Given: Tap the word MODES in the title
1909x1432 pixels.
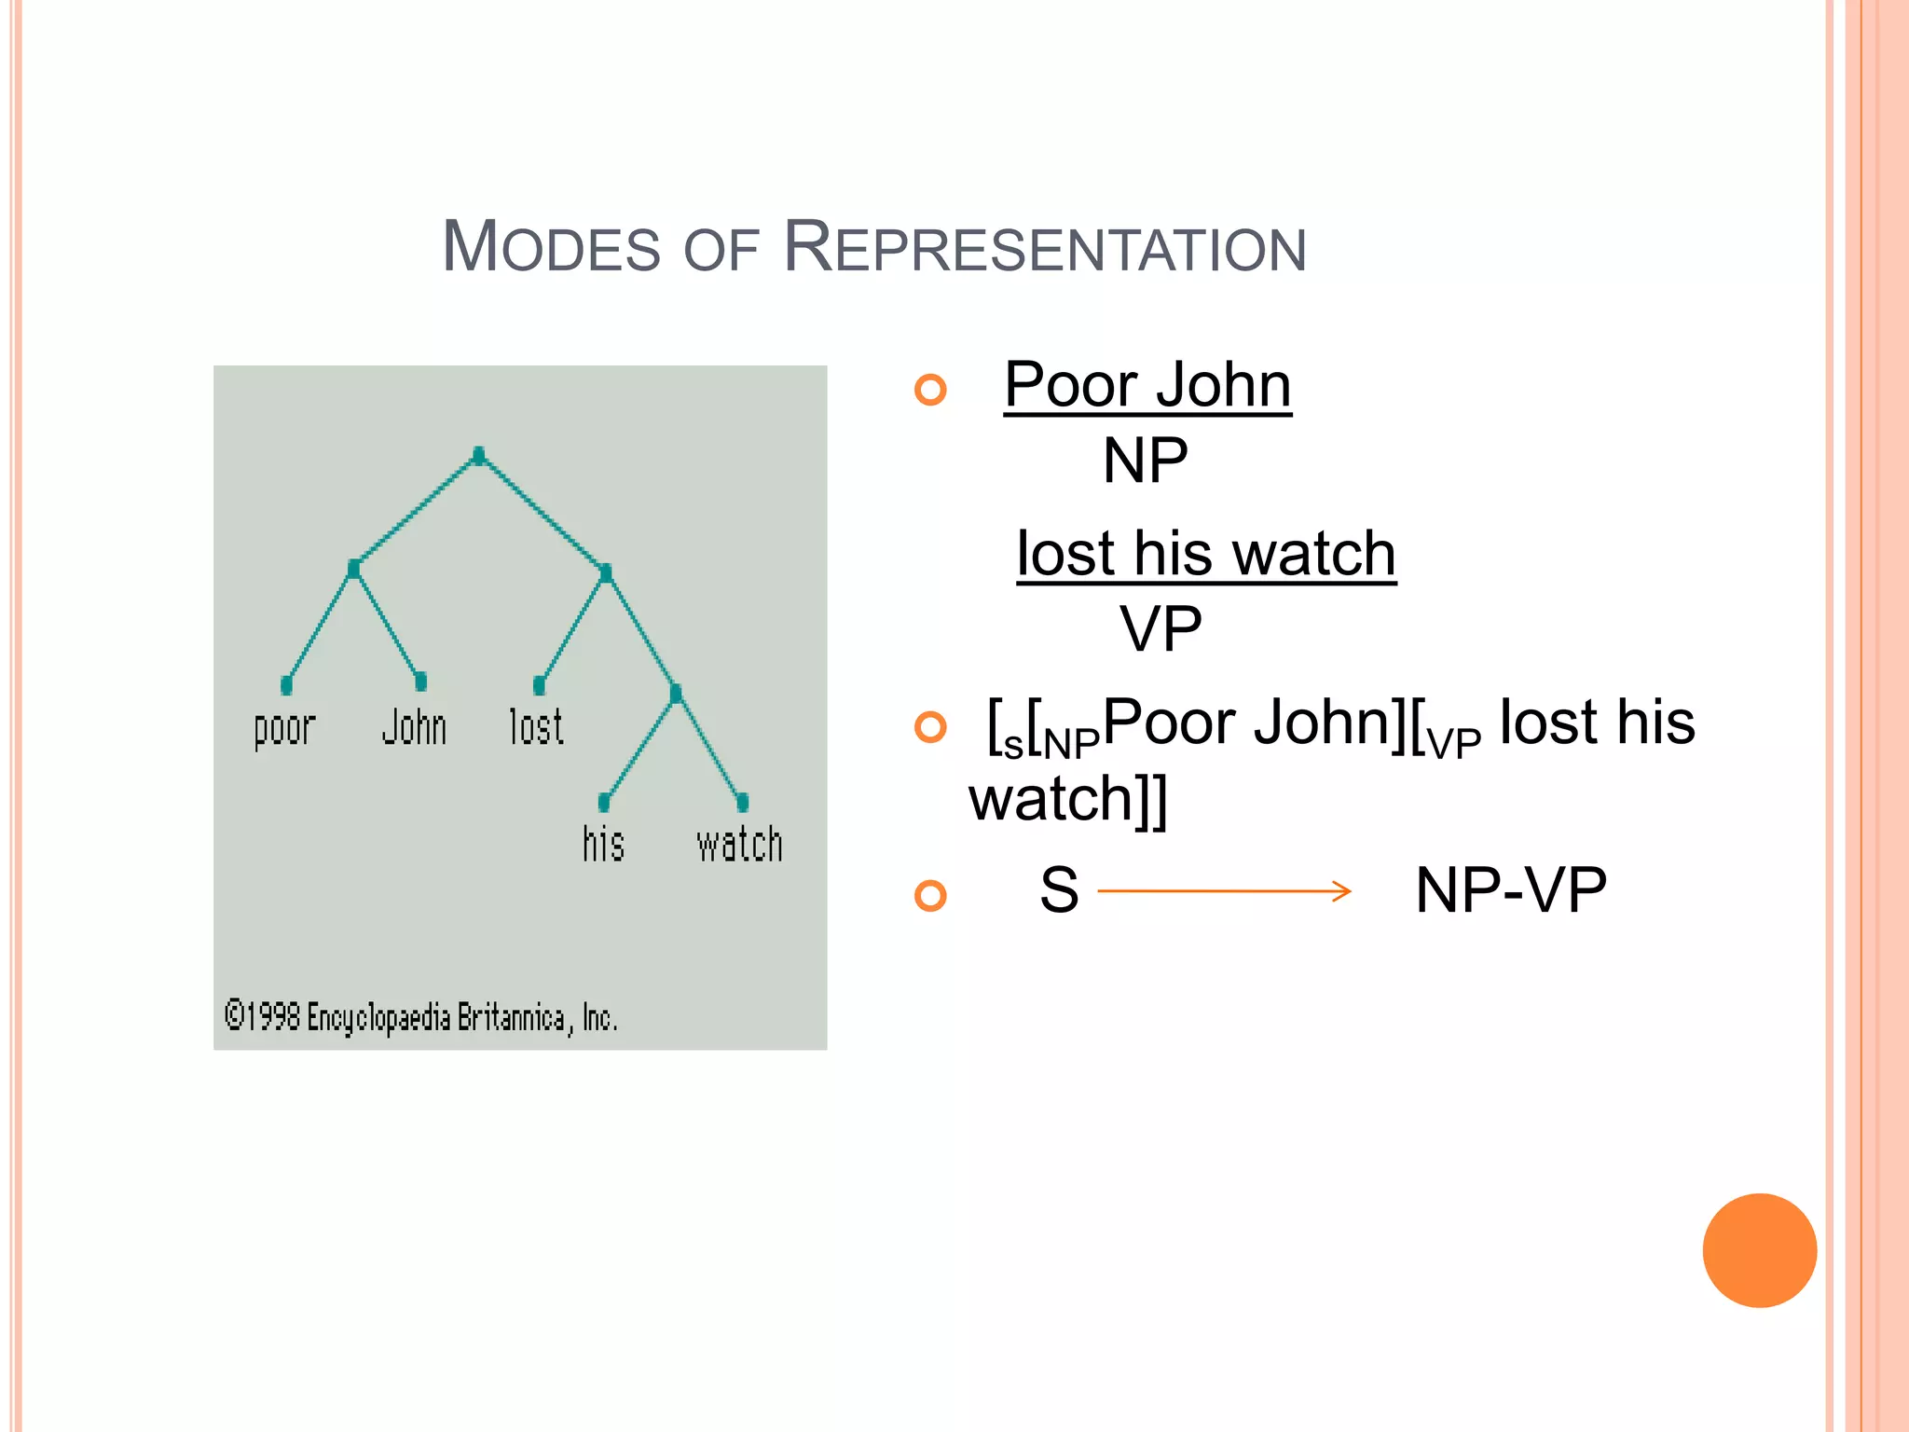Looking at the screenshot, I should click(x=551, y=247).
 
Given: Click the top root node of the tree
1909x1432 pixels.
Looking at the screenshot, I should click(x=478, y=456).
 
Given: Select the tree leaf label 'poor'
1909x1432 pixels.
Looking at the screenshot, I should click(x=284, y=728).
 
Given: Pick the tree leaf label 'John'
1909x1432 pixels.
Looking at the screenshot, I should click(x=414, y=727).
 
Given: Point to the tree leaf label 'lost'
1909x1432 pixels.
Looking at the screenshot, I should click(x=536, y=727).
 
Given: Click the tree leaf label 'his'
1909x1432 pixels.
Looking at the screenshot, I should click(x=603, y=844).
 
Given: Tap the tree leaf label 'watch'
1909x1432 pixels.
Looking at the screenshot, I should click(x=739, y=845).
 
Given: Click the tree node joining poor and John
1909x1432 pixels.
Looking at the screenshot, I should click(x=353, y=569).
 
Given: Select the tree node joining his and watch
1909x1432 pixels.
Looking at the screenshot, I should click(x=676, y=693).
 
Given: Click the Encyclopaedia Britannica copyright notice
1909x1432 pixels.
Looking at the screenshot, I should click(x=420, y=1017).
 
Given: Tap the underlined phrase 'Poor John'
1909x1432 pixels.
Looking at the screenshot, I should click(x=1147, y=385).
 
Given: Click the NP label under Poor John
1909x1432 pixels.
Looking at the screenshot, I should click(x=1145, y=461).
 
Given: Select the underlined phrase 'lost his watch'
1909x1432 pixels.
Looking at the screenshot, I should click(x=1206, y=554).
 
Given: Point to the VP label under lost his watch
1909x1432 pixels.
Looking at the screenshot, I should click(x=1161, y=629).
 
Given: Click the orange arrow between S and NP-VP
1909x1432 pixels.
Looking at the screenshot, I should click(x=1224, y=891).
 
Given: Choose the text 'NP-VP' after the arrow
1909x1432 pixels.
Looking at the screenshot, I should click(x=1510, y=890).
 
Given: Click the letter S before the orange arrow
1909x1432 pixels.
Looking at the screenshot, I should click(x=1059, y=890).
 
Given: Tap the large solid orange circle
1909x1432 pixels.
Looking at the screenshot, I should click(x=1759, y=1250).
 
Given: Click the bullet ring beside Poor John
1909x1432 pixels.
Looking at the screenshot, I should click(x=930, y=389).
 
